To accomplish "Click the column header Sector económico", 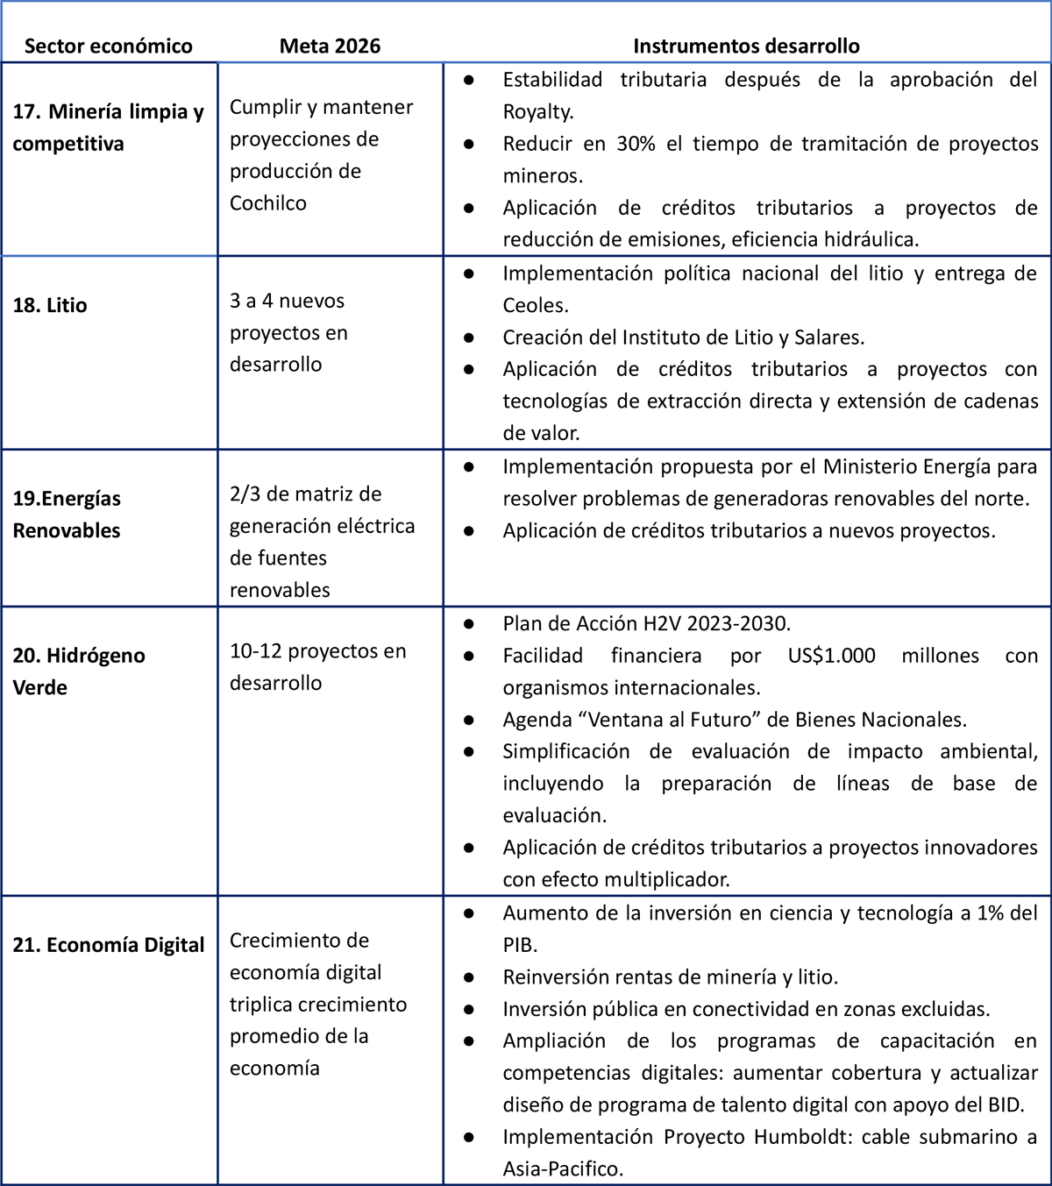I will (x=108, y=46).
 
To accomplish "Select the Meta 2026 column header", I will (x=330, y=46).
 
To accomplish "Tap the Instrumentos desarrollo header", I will (x=746, y=46).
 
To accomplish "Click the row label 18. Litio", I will (x=50, y=306).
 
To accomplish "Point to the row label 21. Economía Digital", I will (x=109, y=945).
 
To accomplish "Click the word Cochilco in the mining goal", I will (x=268, y=203).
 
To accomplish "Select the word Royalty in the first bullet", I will (x=537, y=112).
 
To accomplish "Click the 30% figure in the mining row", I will (x=636, y=144).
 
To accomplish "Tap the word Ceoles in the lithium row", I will (x=534, y=306).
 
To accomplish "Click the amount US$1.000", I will (x=831, y=656).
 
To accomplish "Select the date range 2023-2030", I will (x=738, y=624).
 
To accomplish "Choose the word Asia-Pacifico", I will (x=561, y=1169).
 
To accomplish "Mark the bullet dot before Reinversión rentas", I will (x=469, y=977).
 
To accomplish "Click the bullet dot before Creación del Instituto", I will (x=469, y=337).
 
